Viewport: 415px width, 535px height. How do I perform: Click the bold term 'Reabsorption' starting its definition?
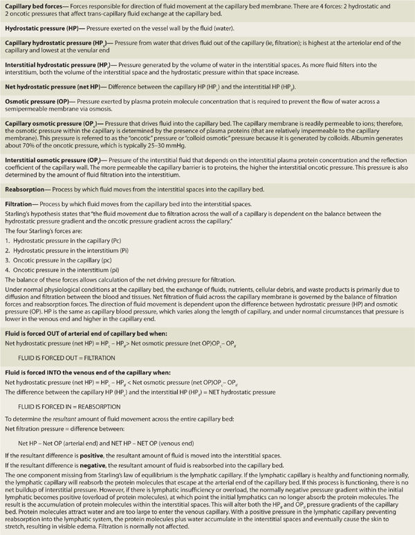click(x=25, y=188)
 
